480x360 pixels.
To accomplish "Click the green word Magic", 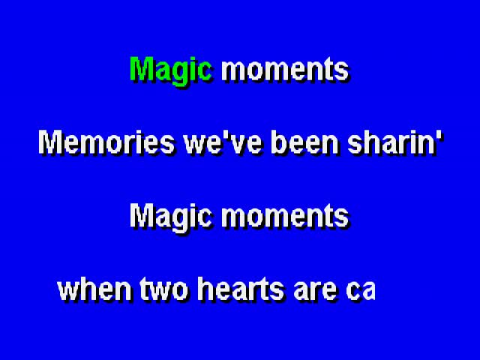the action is coord(171,71).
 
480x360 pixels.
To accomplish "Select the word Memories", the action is coord(106,143).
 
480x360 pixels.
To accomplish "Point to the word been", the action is coord(304,143).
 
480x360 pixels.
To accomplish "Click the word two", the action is coord(164,289).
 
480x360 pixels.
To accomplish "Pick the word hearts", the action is coord(241,289).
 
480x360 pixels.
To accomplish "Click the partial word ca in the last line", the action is coord(361,291).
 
